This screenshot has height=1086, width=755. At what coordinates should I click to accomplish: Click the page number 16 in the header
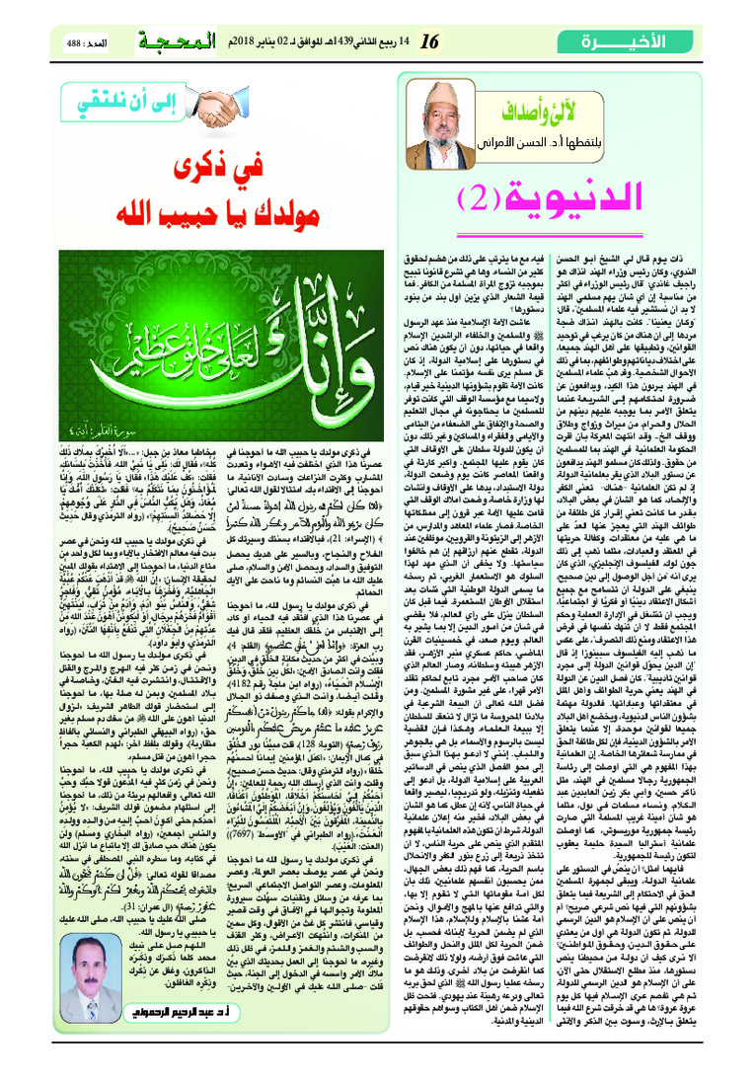pos(428,42)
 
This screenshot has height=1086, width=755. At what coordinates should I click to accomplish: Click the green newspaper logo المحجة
pos(161,42)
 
